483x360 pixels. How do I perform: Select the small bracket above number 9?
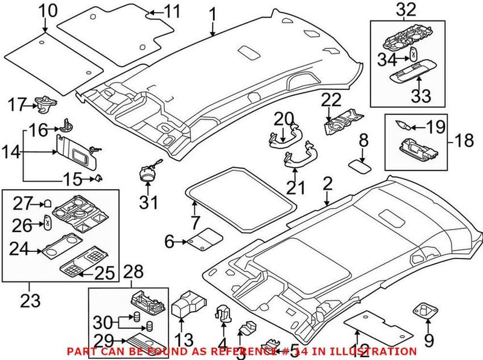coord(427,312)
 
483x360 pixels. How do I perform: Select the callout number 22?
coord(331,100)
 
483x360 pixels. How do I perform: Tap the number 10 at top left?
coord(48,10)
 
